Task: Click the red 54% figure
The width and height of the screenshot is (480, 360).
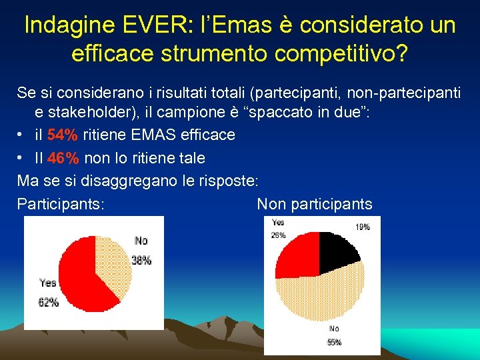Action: pos(63,135)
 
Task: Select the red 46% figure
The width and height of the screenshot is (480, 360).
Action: pos(63,158)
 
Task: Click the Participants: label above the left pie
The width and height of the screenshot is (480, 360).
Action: pos(61,204)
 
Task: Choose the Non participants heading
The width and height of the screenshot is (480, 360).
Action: pos(315,204)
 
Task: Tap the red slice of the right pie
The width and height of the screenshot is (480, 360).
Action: pos(298,253)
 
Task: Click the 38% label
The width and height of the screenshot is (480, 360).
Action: pos(141,261)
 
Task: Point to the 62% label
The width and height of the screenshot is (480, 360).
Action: pos(48,302)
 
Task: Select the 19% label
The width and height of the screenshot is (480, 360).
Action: pos(362,227)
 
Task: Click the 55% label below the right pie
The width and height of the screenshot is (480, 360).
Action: pos(334,342)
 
